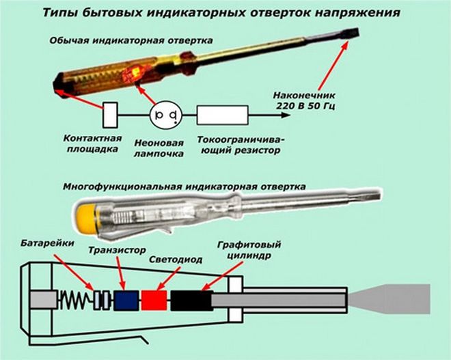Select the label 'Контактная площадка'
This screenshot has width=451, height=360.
pyautogui.click(x=100, y=142)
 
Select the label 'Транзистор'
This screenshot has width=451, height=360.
pyautogui.click(x=114, y=250)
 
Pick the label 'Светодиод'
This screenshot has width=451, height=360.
pyautogui.click(x=171, y=260)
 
